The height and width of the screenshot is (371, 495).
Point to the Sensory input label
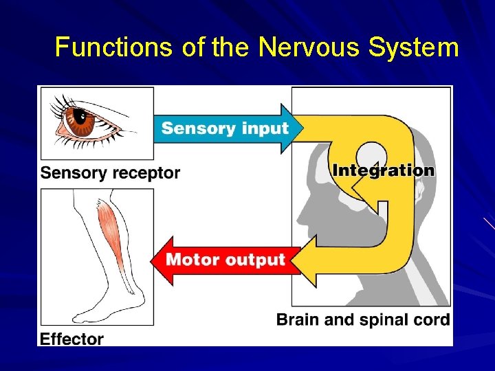pyautogui.click(x=225, y=128)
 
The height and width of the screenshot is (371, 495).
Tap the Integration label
pyautogui.click(x=383, y=170)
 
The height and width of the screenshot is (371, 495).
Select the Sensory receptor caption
pyautogui.click(x=110, y=172)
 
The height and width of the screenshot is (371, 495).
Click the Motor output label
pyautogui.click(x=225, y=260)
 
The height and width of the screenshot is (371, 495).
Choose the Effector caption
pyautogui.click(x=71, y=339)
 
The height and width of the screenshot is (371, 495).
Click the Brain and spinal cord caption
pyautogui.click(x=362, y=319)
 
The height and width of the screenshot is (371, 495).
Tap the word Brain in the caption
pyautogui.click(x=295, y=319)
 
